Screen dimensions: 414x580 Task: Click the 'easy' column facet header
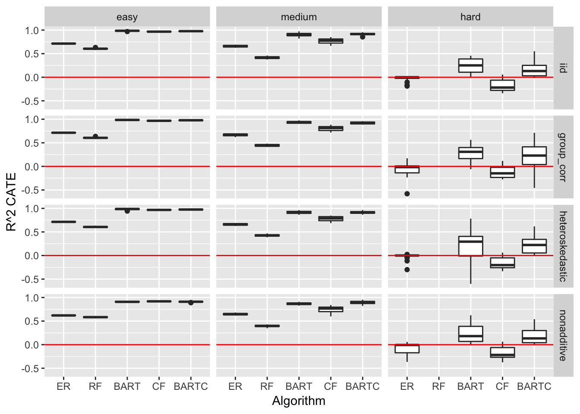coord(127,17)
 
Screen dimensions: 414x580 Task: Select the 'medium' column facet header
coord(299,17)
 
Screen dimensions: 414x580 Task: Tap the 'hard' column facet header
coord(470,17)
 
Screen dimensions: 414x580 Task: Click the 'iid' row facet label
coord(563,68)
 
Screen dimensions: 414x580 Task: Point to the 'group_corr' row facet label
coord(563,157)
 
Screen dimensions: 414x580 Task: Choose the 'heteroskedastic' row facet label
coord(563,246)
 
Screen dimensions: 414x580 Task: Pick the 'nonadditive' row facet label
coord(563,335)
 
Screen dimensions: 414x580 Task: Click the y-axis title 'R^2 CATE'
coord(12,202)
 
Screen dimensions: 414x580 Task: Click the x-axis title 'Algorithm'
coord(299,401)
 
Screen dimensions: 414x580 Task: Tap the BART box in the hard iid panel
coord(470,66)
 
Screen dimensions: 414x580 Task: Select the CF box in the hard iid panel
coord(502,85)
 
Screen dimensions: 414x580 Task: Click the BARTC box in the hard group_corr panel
coord(534,156)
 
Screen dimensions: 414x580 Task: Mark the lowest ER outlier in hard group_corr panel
coord(407,194)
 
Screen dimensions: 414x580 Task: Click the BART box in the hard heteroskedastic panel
coord(470,246)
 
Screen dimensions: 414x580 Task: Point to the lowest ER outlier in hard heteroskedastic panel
coord(407,270)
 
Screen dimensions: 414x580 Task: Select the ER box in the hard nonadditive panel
coord(407,348)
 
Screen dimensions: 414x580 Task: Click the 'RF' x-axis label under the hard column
coord(438,387)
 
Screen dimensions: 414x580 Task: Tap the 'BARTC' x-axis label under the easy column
coord(191,387)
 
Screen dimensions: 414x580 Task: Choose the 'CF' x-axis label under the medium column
coord(331,387)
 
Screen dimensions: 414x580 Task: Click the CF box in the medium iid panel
coord(331,41)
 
